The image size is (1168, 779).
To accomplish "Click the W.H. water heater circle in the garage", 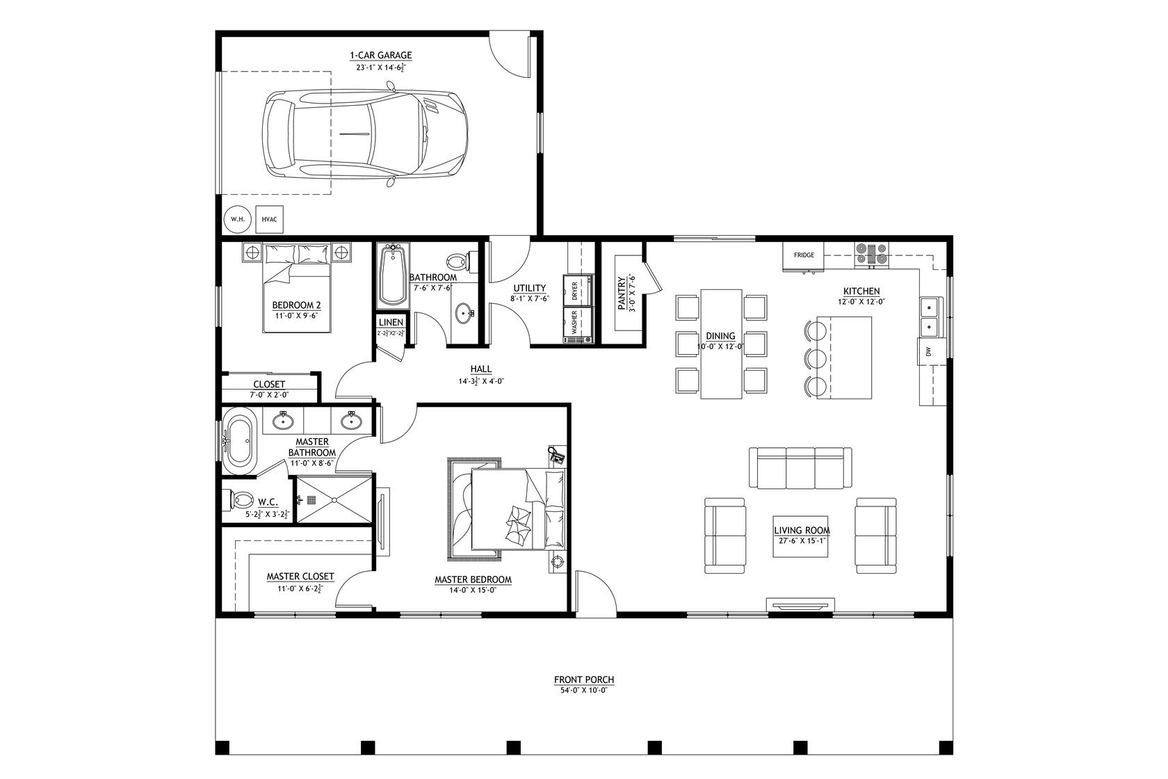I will [238, 219].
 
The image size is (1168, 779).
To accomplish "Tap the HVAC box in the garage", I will [269, 219].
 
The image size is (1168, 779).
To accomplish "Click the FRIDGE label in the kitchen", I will [804, 255].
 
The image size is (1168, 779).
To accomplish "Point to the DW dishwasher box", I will [928, 353].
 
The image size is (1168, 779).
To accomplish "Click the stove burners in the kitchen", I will [871, 254].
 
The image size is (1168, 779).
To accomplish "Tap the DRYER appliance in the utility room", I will [582, 290].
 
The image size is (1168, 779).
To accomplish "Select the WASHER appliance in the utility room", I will [581, 323].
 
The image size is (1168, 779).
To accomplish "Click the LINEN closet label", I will [391, 323].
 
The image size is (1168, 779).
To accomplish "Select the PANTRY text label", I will [622, 294].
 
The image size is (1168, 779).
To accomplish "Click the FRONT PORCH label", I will [584, 680].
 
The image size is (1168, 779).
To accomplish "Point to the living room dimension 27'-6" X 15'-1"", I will [802, 540].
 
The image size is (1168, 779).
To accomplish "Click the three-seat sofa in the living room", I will [800, 467].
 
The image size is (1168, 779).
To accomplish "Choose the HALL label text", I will [480, 369].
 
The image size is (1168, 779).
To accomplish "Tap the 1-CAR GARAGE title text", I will [380, 55].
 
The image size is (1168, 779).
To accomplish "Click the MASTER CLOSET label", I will [300, 577].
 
